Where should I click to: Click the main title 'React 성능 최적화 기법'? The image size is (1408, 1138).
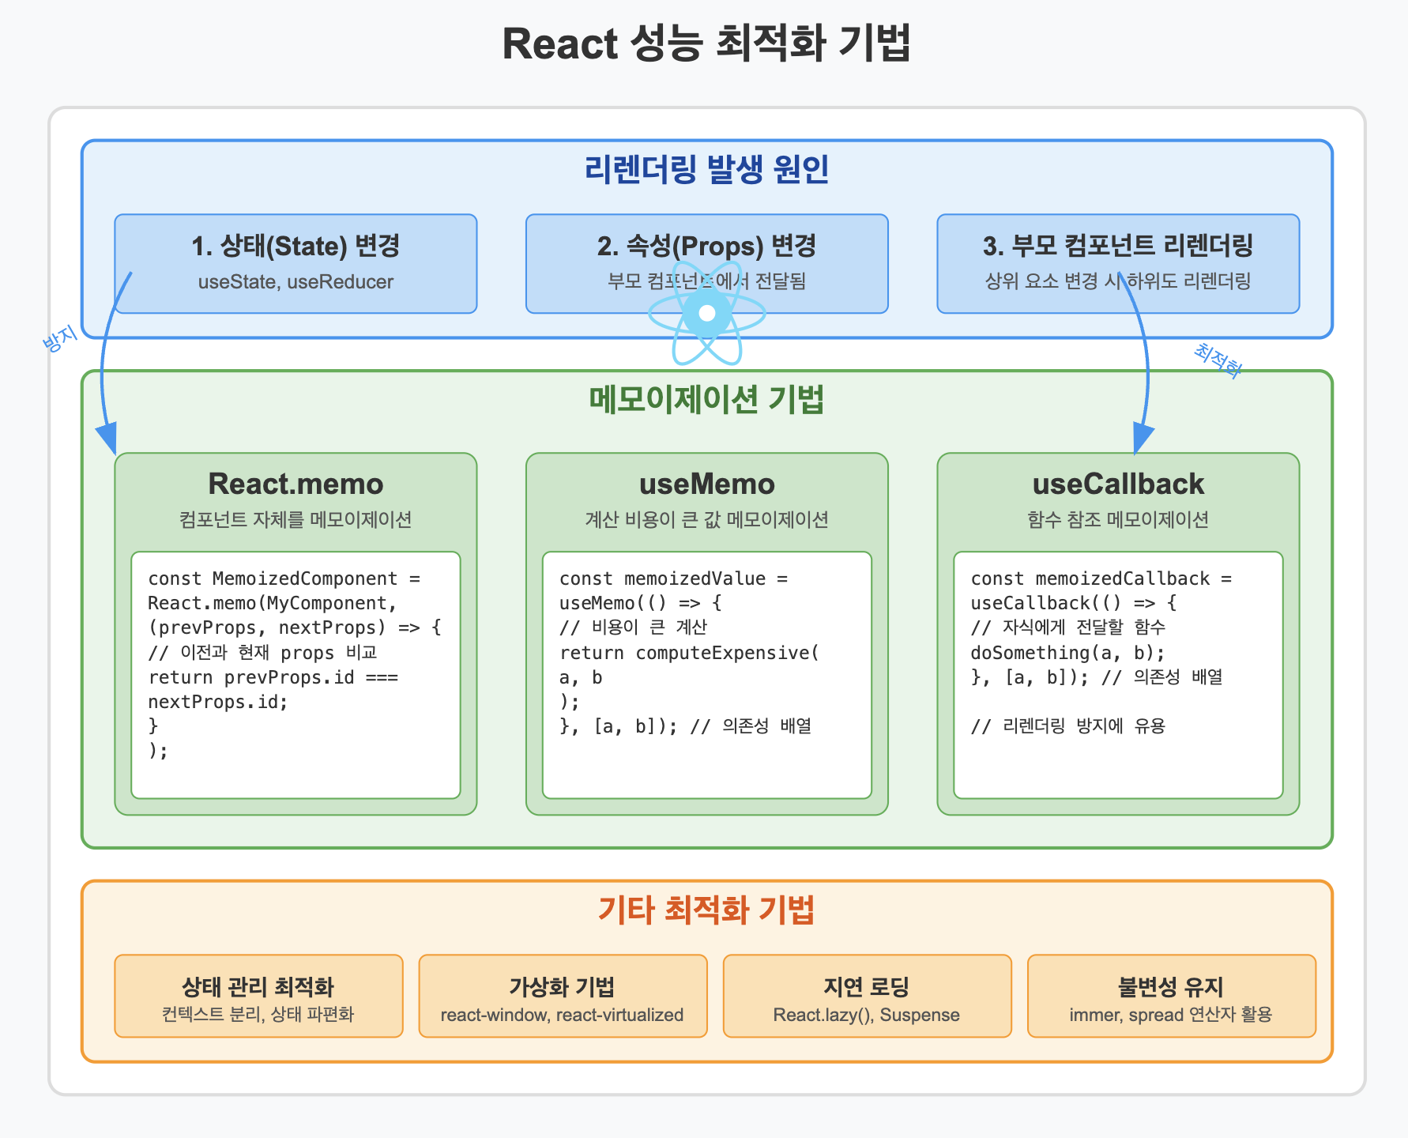(x=706, y=43)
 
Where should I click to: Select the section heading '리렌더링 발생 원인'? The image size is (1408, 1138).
(x=706, y=169)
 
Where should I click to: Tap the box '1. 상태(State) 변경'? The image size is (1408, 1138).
(x=296, y=263)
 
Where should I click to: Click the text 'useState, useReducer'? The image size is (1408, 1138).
(x=296, y=282)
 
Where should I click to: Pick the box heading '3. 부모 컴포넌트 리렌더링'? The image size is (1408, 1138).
(x=1117, y=246)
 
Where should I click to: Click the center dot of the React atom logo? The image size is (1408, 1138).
(x=707, y=313)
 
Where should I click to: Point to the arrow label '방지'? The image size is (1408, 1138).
(x=60, y=338)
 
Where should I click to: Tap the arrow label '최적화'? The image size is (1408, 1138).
(x=1218, y=360)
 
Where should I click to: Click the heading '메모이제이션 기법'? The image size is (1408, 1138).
(x=706, y=400)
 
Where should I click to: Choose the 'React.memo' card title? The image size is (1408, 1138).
(x=296, y=484)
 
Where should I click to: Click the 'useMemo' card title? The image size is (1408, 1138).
(x=706, y=484)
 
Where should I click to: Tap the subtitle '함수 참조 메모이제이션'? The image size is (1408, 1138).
(x=1117, y=519)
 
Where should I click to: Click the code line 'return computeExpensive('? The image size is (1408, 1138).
(x=689, y=653)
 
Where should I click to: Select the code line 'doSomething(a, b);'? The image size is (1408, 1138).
(x=1067, y=653)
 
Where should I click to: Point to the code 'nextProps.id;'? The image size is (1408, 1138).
(x=218, y=702)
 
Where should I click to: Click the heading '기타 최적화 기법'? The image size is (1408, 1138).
(x=706, y=910)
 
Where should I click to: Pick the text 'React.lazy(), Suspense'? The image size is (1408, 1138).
(x=866, y=1015)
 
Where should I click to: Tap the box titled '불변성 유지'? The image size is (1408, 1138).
(x=1171, y=996)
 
